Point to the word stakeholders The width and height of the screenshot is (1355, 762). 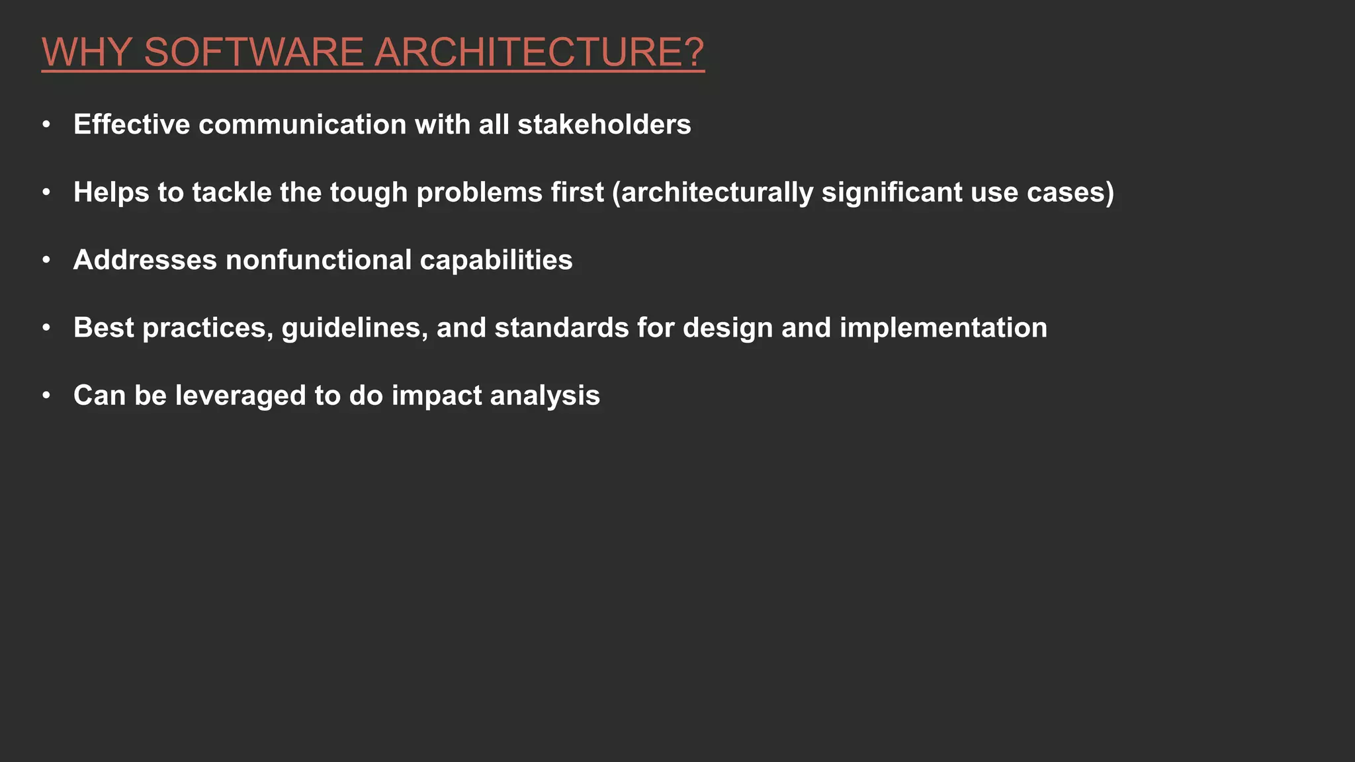(604, 124)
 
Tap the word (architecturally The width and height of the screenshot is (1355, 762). (713, 192)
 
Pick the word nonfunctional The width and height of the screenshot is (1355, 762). (319, 260)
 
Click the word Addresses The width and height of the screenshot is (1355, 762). (145, 260)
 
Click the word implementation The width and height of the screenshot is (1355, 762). (943, 328)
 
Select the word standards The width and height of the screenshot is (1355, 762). (561, 328)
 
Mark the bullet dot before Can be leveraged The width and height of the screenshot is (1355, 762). (46, 396)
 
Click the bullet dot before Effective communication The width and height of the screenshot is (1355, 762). (46, 124)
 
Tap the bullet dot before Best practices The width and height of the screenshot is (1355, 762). (46, 328)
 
